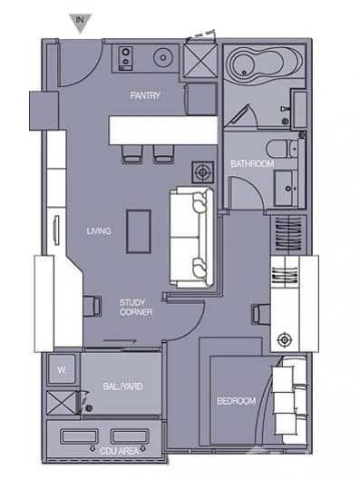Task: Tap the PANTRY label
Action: point(144,94)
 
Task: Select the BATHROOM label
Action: point(251,163)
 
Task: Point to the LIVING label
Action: point(99,231)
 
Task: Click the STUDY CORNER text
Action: point(136,307)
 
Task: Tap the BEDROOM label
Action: point(236,400)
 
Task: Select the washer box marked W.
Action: point(62,370)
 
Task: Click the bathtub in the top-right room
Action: point(256,67)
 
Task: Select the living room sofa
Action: point(191,236)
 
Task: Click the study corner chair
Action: point(92,306)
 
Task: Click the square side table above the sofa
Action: point(201,171)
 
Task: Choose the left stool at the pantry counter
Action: point(132,154)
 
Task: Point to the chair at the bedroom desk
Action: point(260,313)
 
